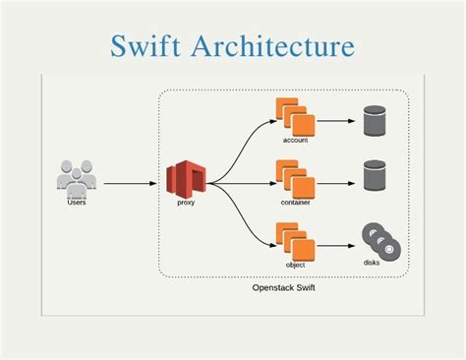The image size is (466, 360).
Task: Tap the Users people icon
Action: pyautogui.click(x=76, y=177)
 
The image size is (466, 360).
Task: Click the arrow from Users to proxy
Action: pyautogui.click(x=132, y=183)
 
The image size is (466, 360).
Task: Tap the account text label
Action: pyautogui.click(x=295, y=141)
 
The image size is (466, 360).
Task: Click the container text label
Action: pyautogui.click(x=295, y=203)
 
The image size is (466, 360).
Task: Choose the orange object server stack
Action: pyautogui.click(x=295, y=240)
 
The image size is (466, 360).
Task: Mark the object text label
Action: pyautogui.click(x=295, y=265)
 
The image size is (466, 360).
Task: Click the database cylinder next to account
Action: pyautogui.click(x=375, y=123)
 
